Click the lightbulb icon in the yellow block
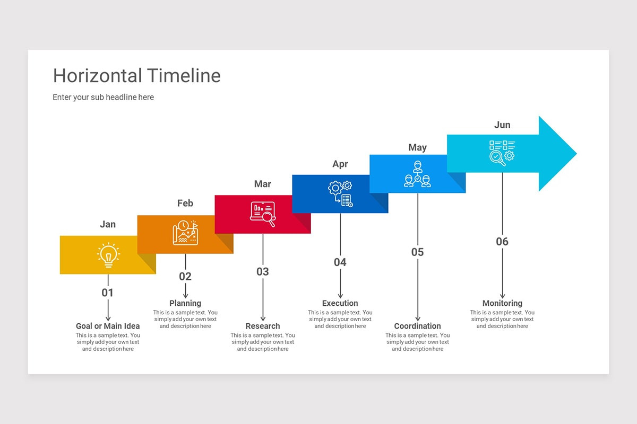(108, 255)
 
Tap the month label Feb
(185, 204)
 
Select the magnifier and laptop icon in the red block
(263, 214)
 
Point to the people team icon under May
(418, 174)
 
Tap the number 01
(108, 293)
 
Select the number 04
(340, 262)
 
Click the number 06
(502, 242)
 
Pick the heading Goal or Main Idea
(108, 326)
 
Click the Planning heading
(185, 303)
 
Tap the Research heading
(263, 326)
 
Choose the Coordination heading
(418, 326)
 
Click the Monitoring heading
(502, 303)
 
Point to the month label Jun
(502, 125)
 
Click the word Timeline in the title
(184, 76)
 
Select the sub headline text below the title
(104, 97)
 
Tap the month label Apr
(340, 164)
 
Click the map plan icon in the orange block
(185, 233)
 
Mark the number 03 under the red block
(263, 272)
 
